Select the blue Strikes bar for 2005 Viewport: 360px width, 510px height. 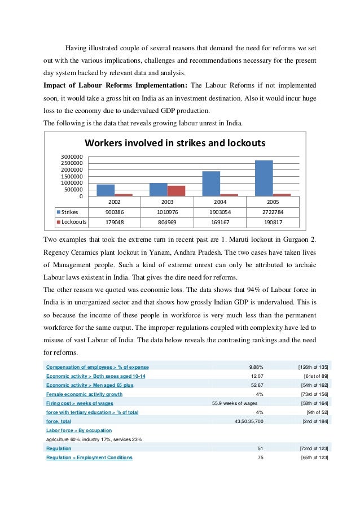264,178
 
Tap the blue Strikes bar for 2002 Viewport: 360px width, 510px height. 106,190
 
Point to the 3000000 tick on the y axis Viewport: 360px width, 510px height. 72,156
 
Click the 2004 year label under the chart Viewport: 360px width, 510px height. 219,202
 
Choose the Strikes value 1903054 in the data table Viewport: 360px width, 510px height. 219,212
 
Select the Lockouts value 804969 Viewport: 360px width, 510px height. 166,222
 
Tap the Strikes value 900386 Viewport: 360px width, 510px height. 114,212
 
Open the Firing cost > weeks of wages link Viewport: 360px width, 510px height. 80,403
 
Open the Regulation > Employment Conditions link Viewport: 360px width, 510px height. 89,457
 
